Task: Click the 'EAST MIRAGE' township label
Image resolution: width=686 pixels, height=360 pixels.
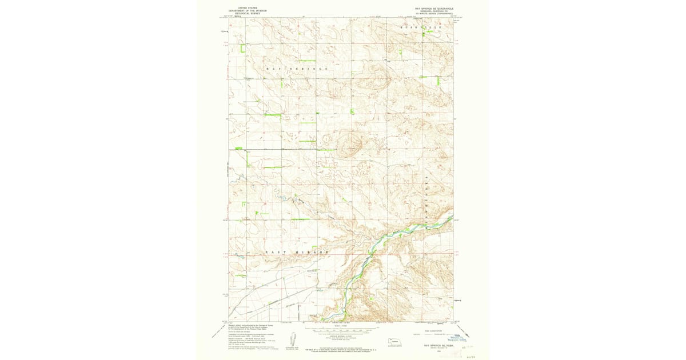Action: point(298,252)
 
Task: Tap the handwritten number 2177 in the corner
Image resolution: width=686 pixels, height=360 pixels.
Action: point(470,355)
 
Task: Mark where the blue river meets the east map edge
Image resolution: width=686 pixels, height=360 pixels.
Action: point(452,218)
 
